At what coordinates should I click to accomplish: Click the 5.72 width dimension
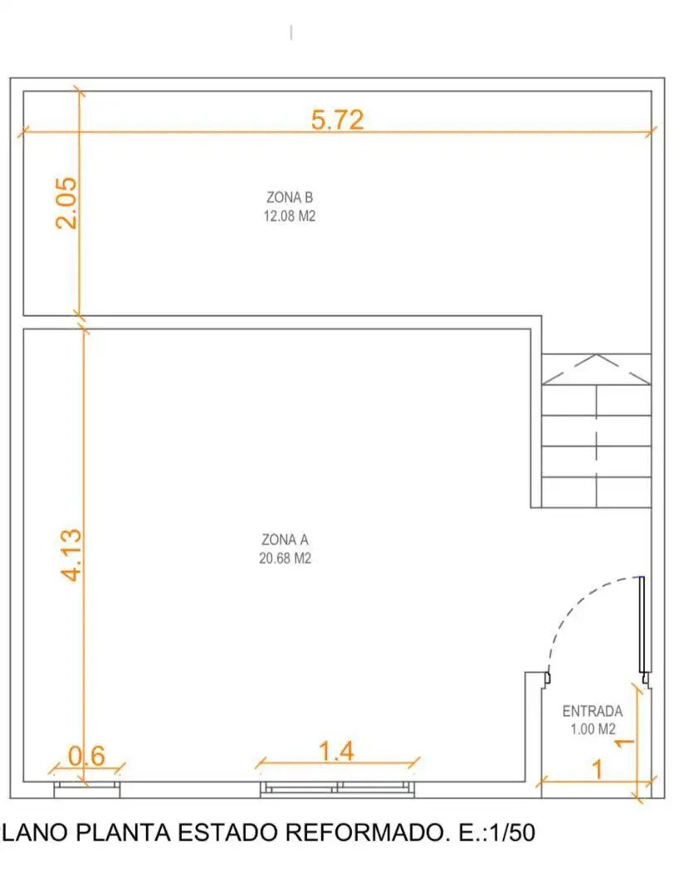click(337, 119)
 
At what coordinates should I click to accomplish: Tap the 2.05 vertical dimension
click(66, 203)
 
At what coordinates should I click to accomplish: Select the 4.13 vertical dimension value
click(71, 555)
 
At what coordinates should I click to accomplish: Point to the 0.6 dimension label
click(86, 756)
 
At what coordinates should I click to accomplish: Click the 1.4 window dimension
click(336, 752)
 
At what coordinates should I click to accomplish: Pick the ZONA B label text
click(290, 197)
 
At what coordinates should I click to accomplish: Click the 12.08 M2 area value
click(290, 216)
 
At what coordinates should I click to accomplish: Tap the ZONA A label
click(285, 539)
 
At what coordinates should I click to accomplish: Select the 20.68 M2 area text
click(285, 558)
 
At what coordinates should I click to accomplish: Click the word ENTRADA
click(593, 712)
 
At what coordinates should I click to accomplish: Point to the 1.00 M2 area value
click(593, 729)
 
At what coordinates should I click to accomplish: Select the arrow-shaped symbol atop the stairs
click(596, 369)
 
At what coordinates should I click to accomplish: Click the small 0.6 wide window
click(87, 789)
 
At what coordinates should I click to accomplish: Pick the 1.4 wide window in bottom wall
click(337, 789)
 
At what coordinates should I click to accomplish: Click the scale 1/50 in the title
click(512, 833)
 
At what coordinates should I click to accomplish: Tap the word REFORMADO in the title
click(365, 833)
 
